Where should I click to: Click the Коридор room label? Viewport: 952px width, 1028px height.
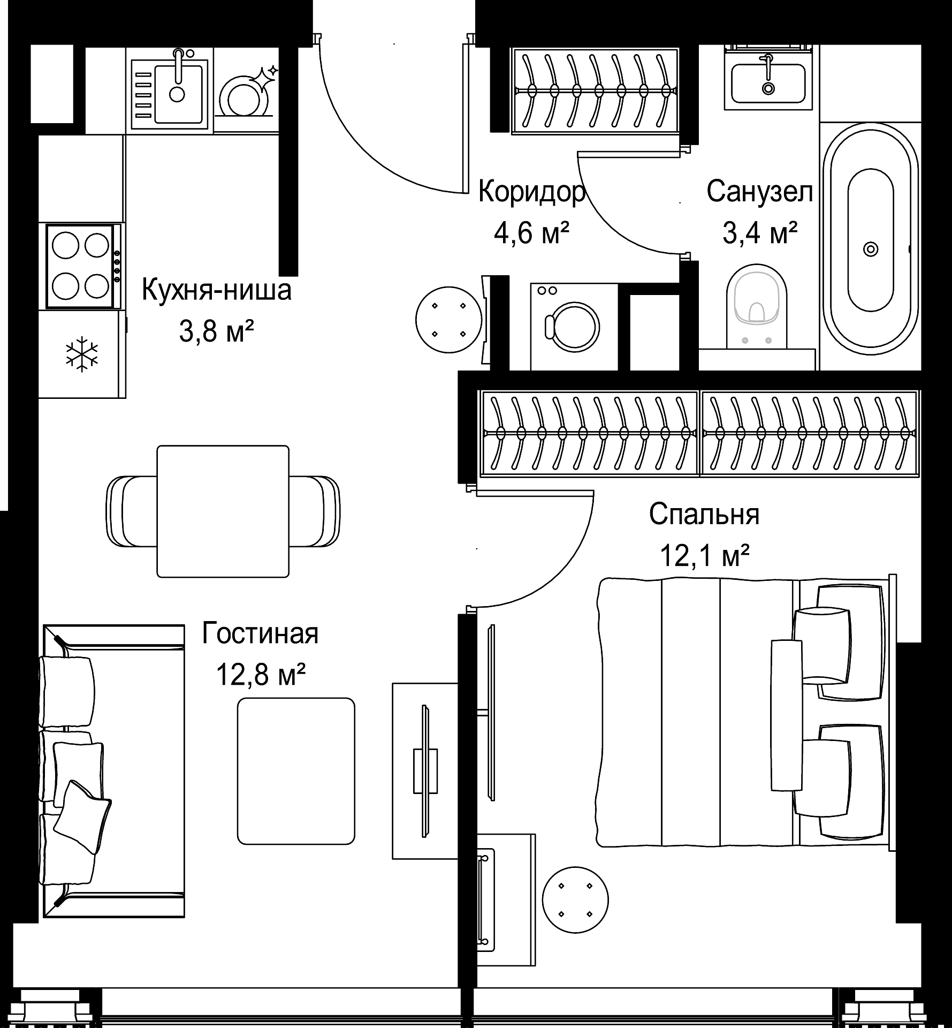(531, 192)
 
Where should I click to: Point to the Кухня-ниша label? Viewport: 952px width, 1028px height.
(216, 290)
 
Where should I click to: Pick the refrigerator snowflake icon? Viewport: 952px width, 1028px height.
(82, 354)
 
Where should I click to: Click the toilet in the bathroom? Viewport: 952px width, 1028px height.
(757, 305)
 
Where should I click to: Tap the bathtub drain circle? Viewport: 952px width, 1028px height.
(871, 249)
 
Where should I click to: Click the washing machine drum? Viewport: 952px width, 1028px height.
(573, 328)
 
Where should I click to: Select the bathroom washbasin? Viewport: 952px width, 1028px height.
(768, 83)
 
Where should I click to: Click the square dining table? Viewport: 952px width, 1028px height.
(223, 511)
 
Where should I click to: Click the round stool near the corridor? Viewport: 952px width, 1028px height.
(448, 320)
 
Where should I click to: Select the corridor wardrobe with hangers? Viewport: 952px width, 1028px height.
(595, 90)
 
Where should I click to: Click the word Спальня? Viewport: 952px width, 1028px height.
(704, 515)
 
